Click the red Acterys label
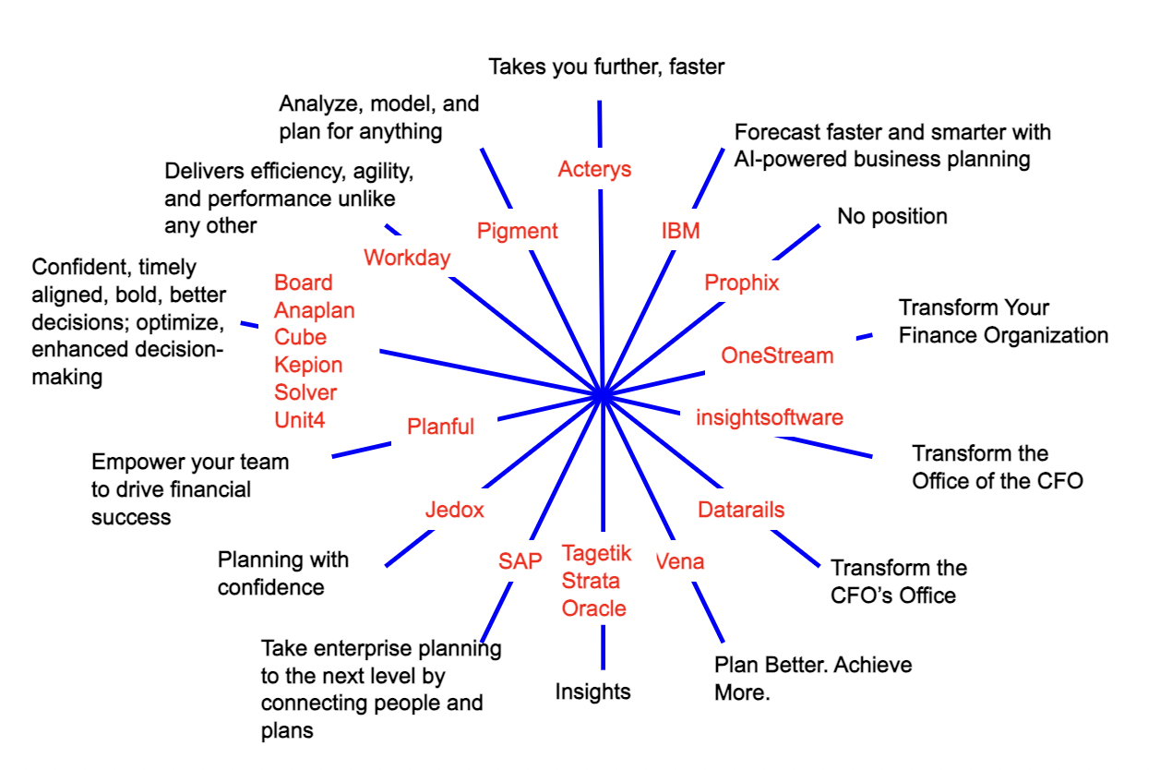point(595,169)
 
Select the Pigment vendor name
point(518,231)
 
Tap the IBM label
point(681,231)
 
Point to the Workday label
point(407,258)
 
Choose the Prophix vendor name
point(742,283)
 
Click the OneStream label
point(777,355)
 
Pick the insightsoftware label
point(770,417)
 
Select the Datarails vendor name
point(741,510)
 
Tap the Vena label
point(680,560)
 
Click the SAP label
point(520,560)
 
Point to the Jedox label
point(454,510)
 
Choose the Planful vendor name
point(440,427)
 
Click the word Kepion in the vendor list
point(308,365)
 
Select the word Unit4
point(300,419)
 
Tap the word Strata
point(591,581)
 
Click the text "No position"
point(892,217)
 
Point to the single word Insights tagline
point(592,692)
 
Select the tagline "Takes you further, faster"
point(606,66)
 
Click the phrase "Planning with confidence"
point(283,572)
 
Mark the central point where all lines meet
point(602,394)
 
